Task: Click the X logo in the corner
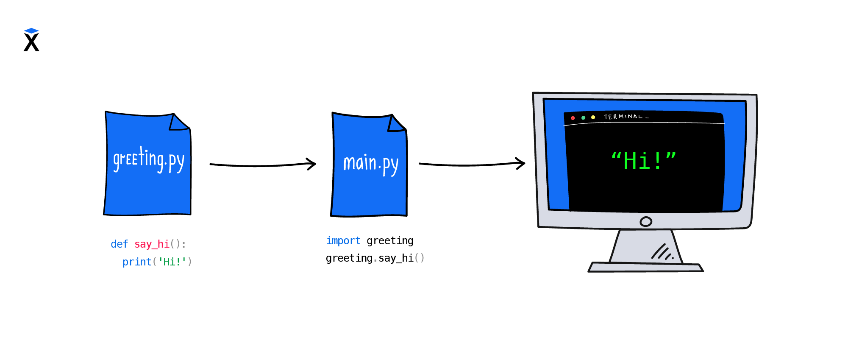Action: tap(31, 40)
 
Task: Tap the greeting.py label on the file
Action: tap(148, 160)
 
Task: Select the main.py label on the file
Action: tap(370, 164)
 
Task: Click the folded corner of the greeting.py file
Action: tap(178, 123)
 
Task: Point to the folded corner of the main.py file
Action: tap(396, 125)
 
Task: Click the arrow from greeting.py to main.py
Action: tap(263, 165)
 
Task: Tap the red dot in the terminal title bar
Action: tap(573, 118)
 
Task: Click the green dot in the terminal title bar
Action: tap(583, 117)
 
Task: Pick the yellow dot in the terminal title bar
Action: tap(593, 117)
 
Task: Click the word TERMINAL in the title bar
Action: tap(623, 117)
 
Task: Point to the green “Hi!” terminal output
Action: tap(644, 161)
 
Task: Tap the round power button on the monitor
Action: tap(646, 221)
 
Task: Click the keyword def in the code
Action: tap(119, 244)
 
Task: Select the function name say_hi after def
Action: tap(152, 244)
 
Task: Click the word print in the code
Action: tap(137, 262)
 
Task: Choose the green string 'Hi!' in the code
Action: tap(172, 262)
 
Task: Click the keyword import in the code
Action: tap(343, 241)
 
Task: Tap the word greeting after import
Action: tap(390, 241)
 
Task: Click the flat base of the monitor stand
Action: tap(645, 267)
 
